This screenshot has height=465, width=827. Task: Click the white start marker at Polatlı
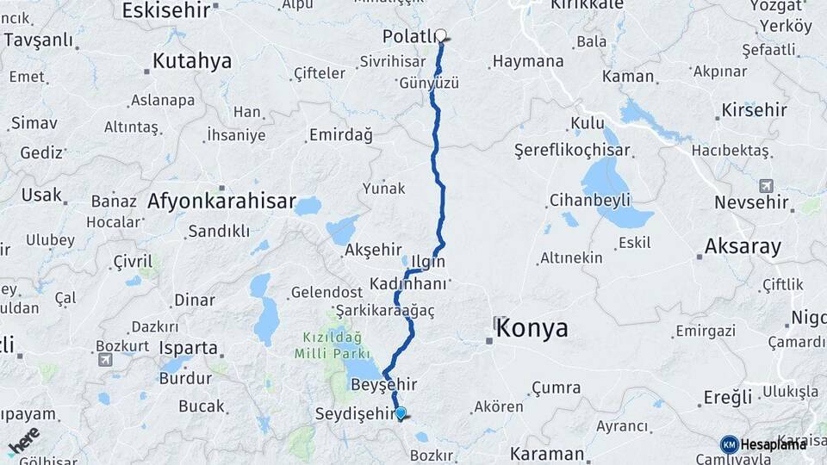[441, 36]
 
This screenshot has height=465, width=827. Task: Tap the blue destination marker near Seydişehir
[401, 413]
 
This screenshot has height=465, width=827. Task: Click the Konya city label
[532, 328]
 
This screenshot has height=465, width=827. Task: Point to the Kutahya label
[192, 61]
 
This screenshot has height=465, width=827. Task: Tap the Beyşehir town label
[385, 384]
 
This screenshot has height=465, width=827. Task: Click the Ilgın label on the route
[428, 261]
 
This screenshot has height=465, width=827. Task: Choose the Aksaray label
[743, 246]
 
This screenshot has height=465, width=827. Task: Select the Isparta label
[189, 348]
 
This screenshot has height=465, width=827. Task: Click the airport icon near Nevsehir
[766, 186]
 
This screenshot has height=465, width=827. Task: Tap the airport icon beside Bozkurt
[106, 360]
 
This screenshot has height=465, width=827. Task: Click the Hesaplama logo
[763, 444]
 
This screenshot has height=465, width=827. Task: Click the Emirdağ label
[340, 135]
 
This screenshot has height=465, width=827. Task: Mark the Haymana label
[527, 62]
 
